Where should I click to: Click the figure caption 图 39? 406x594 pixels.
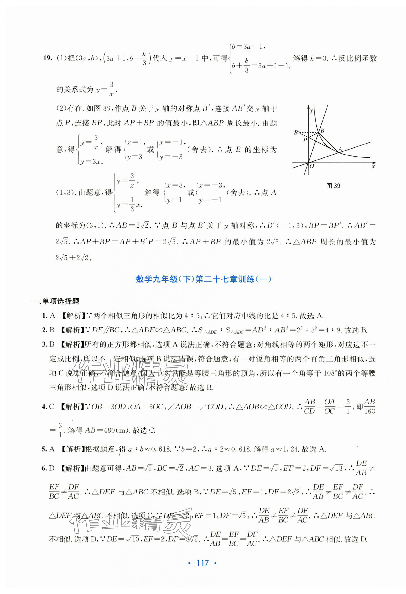[333, 186]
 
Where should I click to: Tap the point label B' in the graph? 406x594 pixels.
[297, 132]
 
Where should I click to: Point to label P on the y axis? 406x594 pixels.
[305, 140]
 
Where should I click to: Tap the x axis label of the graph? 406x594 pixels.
[373, 166]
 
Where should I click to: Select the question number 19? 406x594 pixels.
[48, 58]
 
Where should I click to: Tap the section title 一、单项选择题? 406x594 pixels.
[55, 301]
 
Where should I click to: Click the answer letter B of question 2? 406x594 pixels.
[52, 330]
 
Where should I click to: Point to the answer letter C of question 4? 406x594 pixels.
[52, 406]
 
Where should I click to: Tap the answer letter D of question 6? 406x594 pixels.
[52, 468]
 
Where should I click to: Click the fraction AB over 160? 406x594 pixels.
[369, 406]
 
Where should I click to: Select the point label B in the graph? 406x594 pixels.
[322, 131]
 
